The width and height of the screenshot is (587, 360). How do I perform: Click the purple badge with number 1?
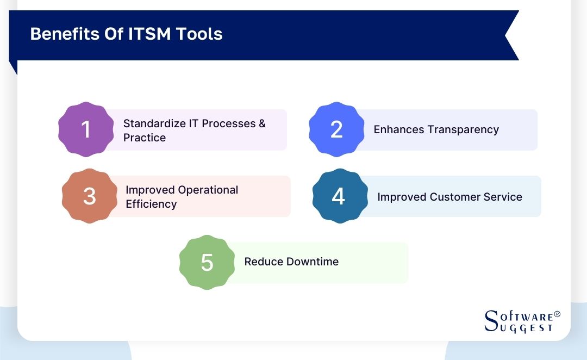pyautogui.click(x=85, y=129)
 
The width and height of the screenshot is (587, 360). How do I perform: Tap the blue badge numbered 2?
pyautogui.click(x=336, y=129)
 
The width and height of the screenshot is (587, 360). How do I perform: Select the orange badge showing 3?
pyautogui.click(x=89, y=196)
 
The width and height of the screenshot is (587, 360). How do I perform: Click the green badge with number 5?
pyautogui.click(x=207, y=262)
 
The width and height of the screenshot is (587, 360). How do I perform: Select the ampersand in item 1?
pyautogui.click(x=263, y=123)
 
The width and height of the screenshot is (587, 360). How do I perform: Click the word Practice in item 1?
pyautogui.click(x=145, y=138)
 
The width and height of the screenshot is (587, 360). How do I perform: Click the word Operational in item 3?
pyautogui.click(x=208, y=190)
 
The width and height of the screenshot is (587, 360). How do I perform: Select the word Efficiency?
pyautogui.click(x=151, y=204)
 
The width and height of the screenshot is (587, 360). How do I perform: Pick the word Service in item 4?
pyautogui.click(x=503, y=197)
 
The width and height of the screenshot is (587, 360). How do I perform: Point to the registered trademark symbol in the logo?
pyautogui.click(x=557, y=315)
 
